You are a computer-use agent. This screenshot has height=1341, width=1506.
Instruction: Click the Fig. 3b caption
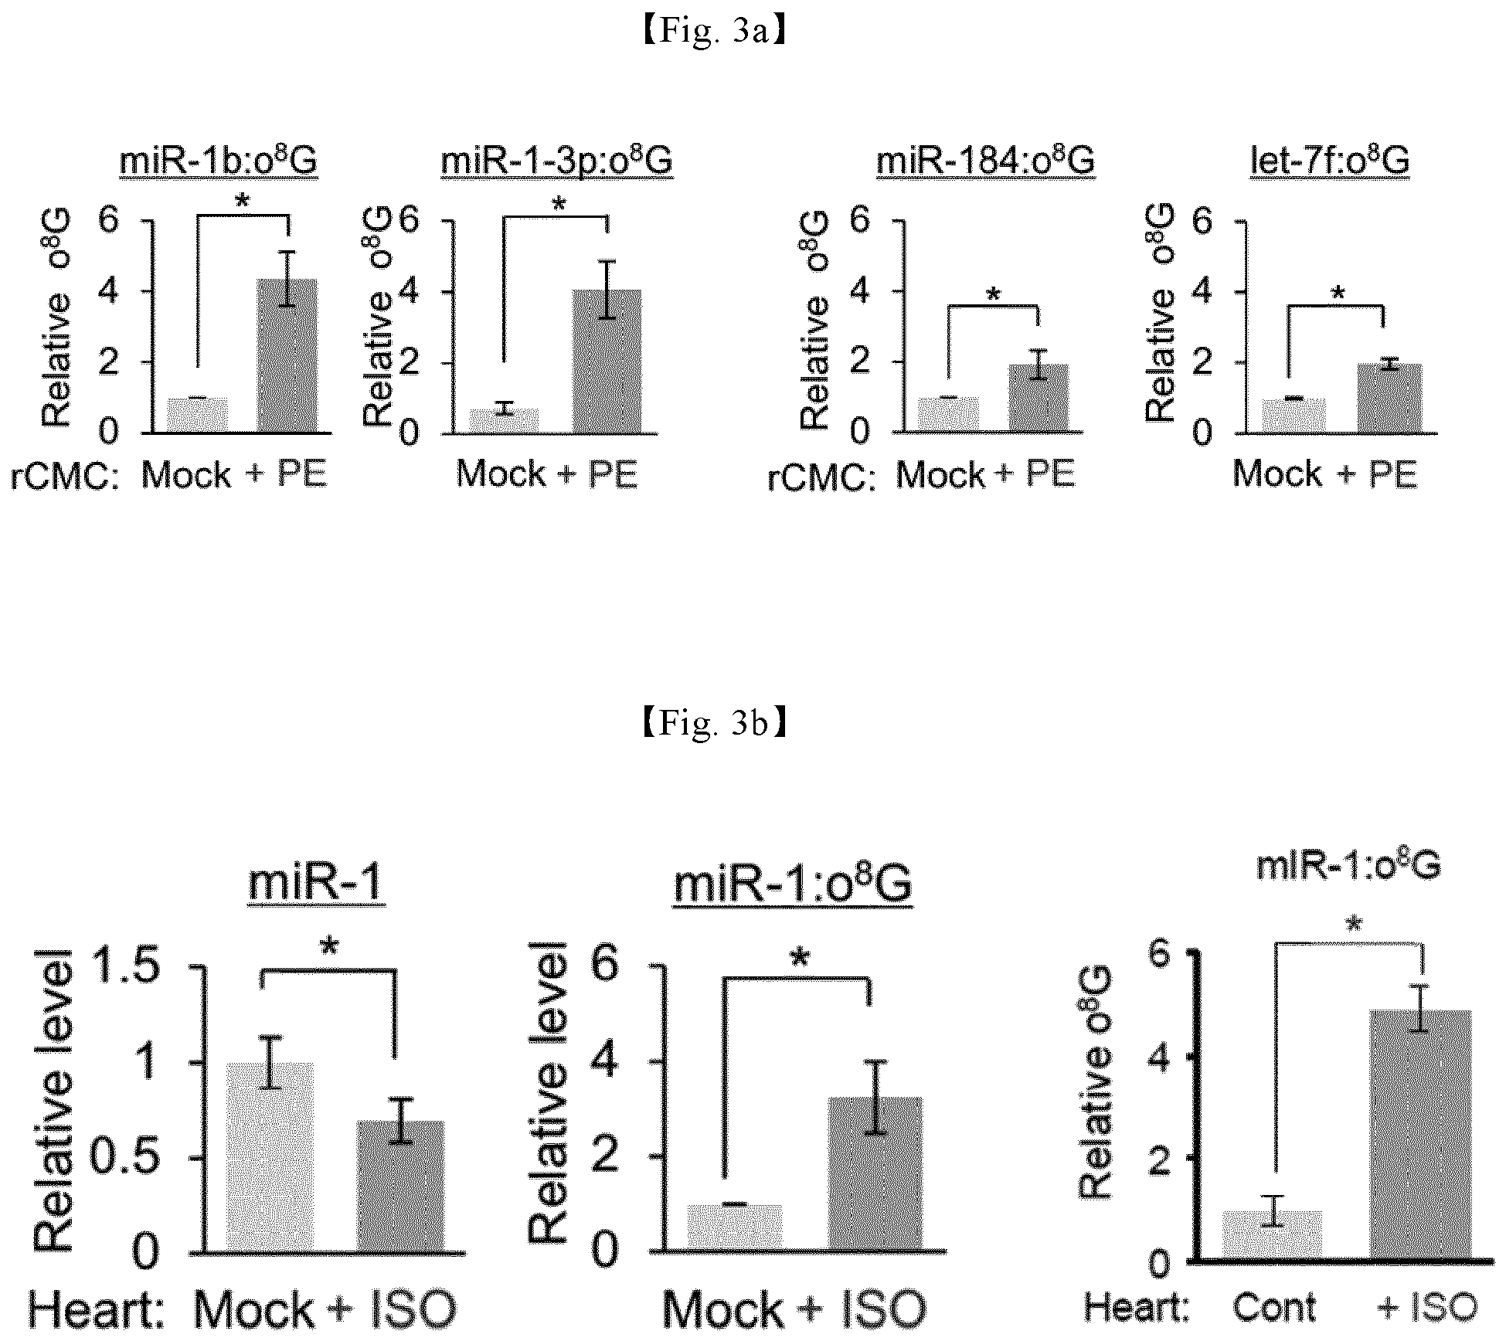714,723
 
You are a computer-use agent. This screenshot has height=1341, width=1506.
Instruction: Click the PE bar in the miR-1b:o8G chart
287,355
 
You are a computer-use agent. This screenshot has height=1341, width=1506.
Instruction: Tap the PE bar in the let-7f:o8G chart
1390,398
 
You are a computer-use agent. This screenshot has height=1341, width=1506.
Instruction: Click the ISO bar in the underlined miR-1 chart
400,1187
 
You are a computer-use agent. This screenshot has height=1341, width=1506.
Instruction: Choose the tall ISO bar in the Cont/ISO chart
1421,1135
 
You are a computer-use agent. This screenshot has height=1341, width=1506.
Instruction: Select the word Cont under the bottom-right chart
1274,1307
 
